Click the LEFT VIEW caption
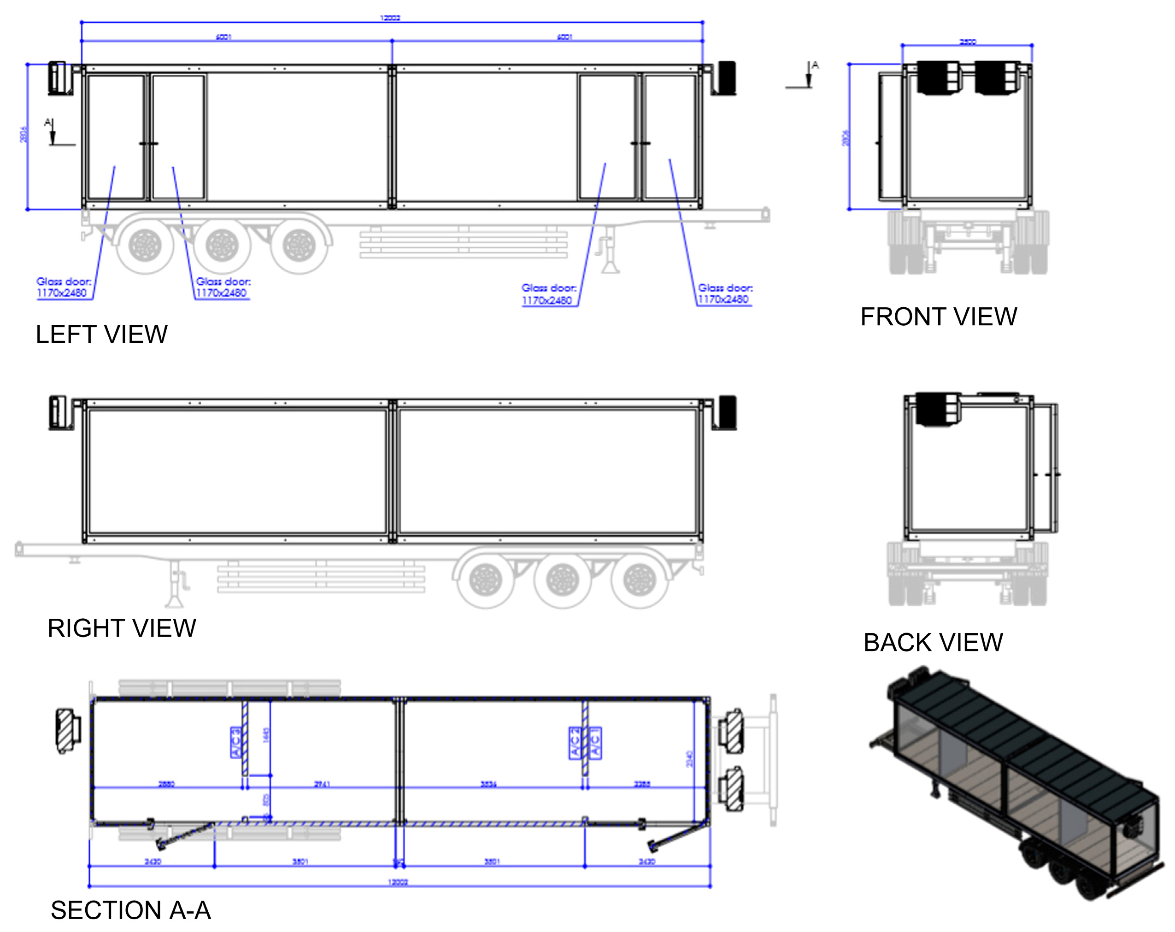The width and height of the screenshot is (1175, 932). pos(101,334)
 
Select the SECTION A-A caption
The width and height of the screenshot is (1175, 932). pos(130,910)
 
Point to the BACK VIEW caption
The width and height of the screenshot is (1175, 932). pos(933,642)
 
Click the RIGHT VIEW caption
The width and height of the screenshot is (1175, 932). pos(122,628)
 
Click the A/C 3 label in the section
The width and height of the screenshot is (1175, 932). pos(236,742)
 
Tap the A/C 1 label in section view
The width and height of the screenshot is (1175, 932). pos(596,742)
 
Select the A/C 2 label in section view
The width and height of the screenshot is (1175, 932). pos(575,742)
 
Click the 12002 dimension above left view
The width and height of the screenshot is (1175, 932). pos(390,18)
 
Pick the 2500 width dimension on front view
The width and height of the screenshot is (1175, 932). pos(967,42)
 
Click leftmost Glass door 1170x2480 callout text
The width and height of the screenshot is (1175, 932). pos(63,287)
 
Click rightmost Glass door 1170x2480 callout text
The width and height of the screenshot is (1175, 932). pos(725,293)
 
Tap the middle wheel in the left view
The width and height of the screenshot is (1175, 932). pos(223,245)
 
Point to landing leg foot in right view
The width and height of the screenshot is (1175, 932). pos(174,602)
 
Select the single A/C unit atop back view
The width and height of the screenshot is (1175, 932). pos(939,409)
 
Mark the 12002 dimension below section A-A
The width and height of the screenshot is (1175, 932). pos(398,882)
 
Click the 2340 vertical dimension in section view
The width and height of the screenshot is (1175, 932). pos(689,759)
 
